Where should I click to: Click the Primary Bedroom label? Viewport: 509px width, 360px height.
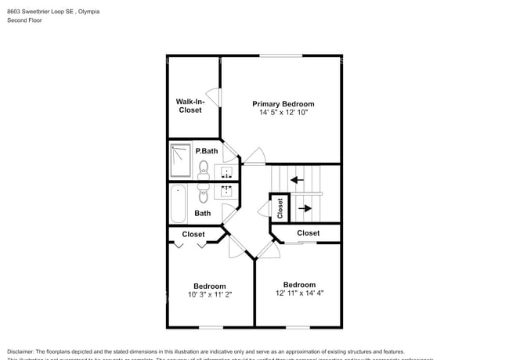point(283,104)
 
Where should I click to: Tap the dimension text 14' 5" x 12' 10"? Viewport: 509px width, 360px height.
point(283,113)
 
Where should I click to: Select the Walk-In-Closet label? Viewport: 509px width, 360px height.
point(190,106)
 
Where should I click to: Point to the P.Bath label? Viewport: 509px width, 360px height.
point(206,151)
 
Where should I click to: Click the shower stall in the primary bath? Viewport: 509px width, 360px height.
point(180,160)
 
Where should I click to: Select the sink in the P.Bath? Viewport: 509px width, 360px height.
point(227,172)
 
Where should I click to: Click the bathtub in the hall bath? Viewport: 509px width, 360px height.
point(179,204)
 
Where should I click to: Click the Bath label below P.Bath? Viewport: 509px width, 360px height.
point(203,213)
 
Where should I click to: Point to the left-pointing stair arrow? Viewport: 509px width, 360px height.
point(298,180)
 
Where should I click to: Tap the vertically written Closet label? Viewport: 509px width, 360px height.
point(280,207)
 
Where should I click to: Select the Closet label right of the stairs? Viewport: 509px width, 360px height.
point(308,233)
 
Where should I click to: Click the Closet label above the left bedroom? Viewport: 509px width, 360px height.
point(193,234)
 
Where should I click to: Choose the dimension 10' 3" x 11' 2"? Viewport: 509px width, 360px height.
point(210,295)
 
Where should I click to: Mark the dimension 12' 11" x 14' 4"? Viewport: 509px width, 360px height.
point(299,293)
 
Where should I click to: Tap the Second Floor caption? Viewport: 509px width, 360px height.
point(24,21)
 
